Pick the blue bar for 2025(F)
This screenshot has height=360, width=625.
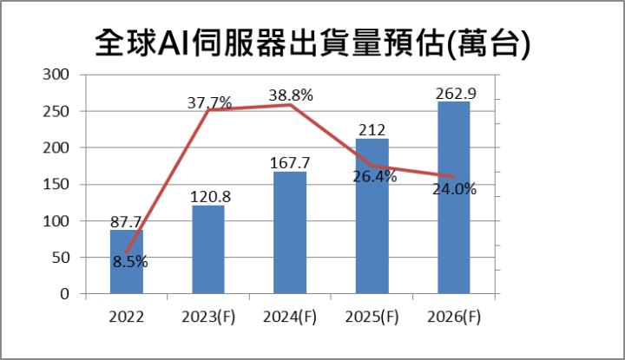372,216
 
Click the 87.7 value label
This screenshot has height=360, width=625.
127,221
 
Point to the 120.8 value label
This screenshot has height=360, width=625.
208,196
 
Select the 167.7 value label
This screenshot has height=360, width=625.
290,162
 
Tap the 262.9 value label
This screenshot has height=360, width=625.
453,92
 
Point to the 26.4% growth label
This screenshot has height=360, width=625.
374,177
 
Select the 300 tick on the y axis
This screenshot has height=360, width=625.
57,75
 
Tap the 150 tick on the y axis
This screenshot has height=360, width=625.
57,184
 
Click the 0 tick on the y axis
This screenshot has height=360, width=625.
65,294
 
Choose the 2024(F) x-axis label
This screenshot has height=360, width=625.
290,317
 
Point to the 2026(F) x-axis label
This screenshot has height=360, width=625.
453,317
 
